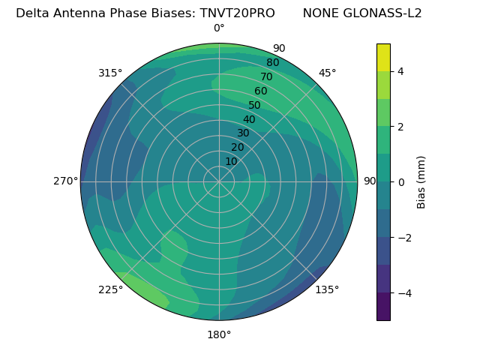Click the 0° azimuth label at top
pyautogui.click(x=219, y=28)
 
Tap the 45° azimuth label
pyautogui.click(x=328, y=73)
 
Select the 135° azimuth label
pyautogui.click(x=327, y=289)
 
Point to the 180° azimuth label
pyautogui.click(x=219, y=334)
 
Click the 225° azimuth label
pyautogui.click(x=110, y=289)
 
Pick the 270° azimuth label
pyautogui.click(x=65, y=181)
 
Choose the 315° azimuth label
pyautogui.click(x=110, y=73)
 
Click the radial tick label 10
pyautogui.click(x=231, y=161)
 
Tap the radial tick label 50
pyautogui.click(x=255, y=106)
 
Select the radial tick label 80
pyautogui.click(x=273, y=63)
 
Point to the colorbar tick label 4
pyautogui.click(x=401, y=71)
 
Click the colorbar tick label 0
pyautogui.click(x=401, y=181)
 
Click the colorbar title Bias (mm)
pyautogui.click(x=421, y=181)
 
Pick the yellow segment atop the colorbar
pyautogui.click(x=383, y=57)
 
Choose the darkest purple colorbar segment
pyautogui.click(x=383, y=306)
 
